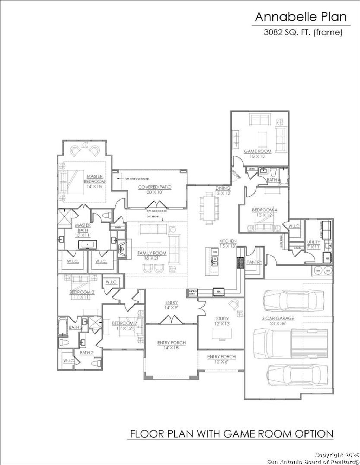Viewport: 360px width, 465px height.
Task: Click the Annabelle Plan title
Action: [x=301, y=17]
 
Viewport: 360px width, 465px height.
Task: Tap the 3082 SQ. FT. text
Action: [x=303, y=32]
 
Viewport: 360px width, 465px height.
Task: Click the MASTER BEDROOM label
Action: [x=94, y=179]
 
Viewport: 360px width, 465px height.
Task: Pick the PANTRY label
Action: [x=254, y=262]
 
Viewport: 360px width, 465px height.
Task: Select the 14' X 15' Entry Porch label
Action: [x=171, y=345]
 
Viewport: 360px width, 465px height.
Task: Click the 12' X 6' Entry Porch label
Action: [x=221, y=359]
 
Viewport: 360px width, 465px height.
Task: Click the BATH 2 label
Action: [x=86, y=353]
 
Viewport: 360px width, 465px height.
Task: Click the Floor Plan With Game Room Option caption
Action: [x=231, y=433]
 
